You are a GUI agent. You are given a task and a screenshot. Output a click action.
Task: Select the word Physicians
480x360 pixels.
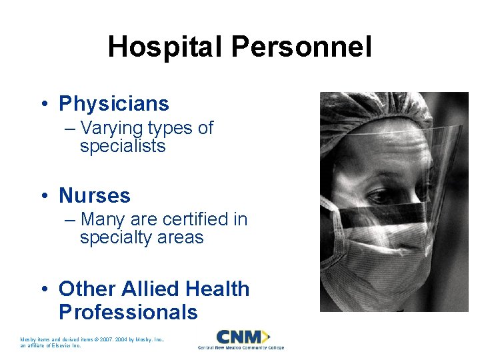click(114, 104)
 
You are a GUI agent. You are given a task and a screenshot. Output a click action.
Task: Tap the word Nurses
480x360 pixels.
click(95, 195)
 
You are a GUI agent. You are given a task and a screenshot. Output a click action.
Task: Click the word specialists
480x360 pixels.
click(123, 146)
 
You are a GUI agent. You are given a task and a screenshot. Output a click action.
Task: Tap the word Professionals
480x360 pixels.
click(128, 312)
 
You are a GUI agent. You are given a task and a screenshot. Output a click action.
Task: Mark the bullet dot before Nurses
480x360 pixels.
click(43, 196)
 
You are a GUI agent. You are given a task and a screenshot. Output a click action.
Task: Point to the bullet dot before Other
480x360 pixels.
click(43, 289)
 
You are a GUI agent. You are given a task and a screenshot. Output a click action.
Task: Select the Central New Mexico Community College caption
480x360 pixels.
click(241, 347)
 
